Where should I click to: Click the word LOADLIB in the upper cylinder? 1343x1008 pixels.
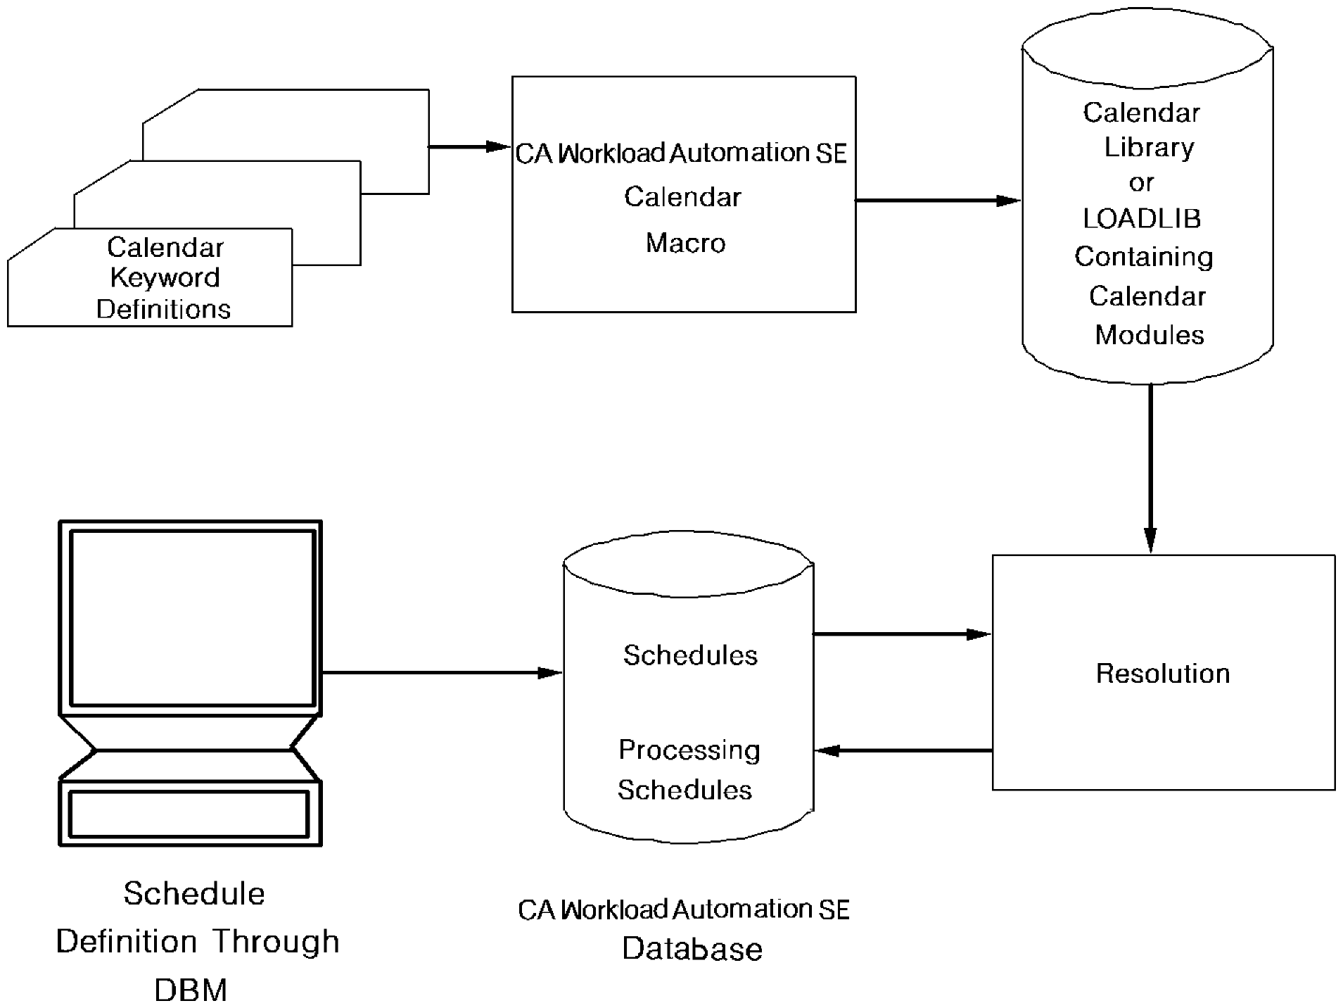tap(1141, 219)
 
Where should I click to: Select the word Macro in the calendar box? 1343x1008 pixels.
tap(685, 243)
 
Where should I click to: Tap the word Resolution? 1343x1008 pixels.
tap(1163, 674)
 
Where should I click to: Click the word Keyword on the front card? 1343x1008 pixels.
tap(165, 277)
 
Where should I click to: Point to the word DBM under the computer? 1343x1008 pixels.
tap(191, 990)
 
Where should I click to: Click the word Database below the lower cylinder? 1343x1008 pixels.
tap(692, 949)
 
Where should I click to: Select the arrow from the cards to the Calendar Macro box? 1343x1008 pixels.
tap(468, 147)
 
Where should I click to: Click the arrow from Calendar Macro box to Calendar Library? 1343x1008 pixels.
tap(937, 201)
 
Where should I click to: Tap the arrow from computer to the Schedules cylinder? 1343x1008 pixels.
tap(441, 673)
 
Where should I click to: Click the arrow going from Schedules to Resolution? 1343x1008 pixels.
tap(902, 634)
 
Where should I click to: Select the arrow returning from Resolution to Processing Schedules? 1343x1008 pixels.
tap(903, 750)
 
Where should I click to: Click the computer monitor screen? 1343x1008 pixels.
tap(191, 617)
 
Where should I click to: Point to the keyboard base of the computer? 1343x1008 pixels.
tap(190, 813)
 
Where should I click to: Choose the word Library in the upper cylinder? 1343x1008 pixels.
tap(1149, 147)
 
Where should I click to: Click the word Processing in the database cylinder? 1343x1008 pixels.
tap(689, 750)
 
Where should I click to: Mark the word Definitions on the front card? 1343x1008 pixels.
tap(163, 309)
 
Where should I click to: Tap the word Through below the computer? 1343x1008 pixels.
tap(276, 941)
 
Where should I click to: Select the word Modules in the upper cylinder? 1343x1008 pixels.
tap(1149, 335)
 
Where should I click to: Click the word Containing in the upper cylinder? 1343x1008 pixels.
tap(1143, 257)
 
